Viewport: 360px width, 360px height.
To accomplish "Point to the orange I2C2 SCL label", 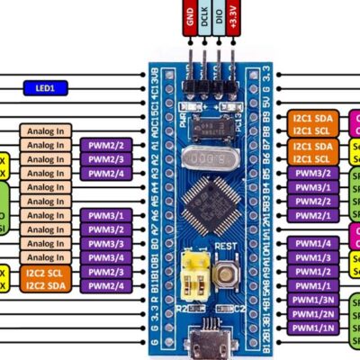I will pos(45,272).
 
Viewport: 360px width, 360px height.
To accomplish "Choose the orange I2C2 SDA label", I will pos(45,285).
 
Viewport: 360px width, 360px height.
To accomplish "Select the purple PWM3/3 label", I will pos(107,244).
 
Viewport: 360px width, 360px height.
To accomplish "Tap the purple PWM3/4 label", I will pos(107,258).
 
